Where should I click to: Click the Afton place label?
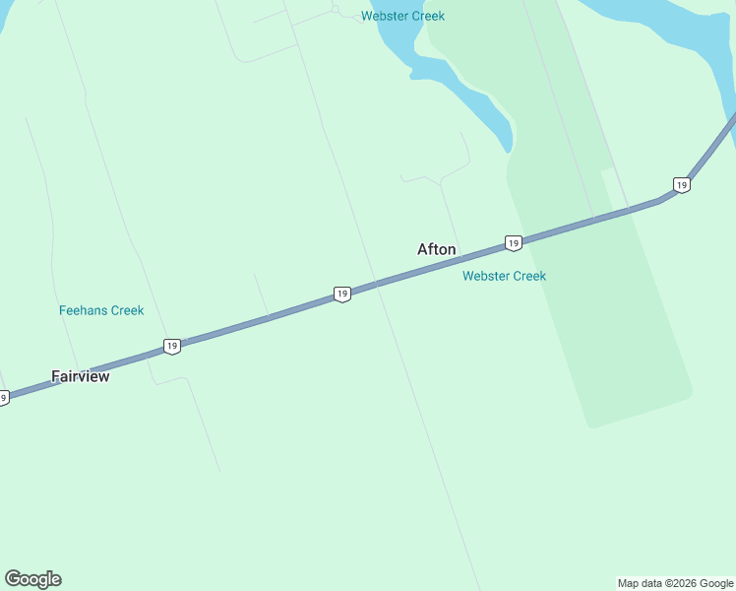point(436,249)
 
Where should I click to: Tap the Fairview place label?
point(81,376)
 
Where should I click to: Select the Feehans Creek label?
point(101,310)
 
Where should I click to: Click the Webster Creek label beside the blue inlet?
point(402,16)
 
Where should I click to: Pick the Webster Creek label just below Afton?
point(504,276)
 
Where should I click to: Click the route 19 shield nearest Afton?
point(513,242)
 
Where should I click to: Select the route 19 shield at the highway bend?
point(681,185)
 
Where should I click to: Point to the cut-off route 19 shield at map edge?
point(4,398)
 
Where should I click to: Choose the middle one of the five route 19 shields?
point(341,294)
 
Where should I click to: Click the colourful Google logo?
point(32,579)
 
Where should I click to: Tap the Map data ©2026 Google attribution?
point(675,583)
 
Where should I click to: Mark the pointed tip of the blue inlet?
point(509,152)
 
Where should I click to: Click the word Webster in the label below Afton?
point(485,276)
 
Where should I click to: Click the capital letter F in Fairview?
point(56,376)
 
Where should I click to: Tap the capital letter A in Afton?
point(423,249)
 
